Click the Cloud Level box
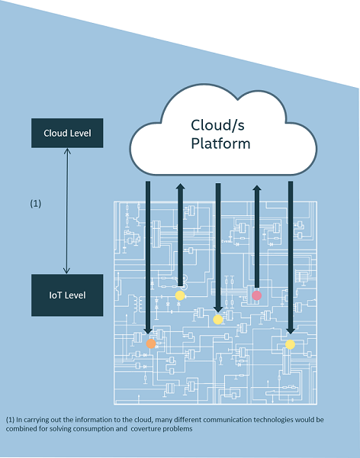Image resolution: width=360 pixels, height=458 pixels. tap(67, 133)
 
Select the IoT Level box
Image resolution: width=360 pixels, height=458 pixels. tap(67, 295)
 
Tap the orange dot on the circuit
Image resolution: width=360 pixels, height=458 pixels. tap(151, 343)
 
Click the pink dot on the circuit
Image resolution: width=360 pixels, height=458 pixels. tap(256, 295)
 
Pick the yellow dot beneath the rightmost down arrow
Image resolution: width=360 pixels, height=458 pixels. tap(290, 345)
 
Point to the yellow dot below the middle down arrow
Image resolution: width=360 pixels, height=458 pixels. tap(218, 320)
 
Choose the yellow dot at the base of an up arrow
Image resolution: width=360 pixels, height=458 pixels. tap(180, 295)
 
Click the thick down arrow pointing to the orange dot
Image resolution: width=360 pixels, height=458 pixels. tap(148, 258)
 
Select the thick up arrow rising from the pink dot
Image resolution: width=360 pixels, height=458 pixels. tap(257, 237)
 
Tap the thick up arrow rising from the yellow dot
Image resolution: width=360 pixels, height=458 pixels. tap(180, 235)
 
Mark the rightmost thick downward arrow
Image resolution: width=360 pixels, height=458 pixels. tap(291, 258)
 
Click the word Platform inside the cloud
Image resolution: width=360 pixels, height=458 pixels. tap(220, 144)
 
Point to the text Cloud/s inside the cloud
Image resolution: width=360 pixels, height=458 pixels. tap(217, 125)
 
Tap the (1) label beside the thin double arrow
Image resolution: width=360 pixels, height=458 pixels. tap(36, 203)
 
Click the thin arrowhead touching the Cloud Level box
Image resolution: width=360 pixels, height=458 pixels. tap(67, 151)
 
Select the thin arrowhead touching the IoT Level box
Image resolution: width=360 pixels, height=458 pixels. tap(67, 271)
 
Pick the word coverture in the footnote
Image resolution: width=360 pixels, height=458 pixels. tap(146, 429)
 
